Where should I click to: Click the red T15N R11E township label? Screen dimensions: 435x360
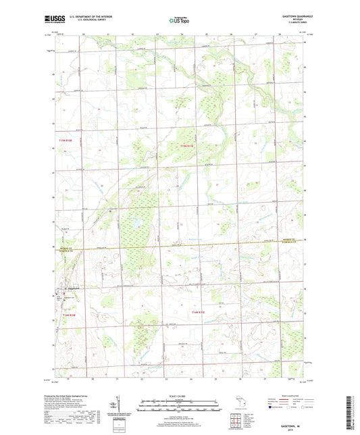click(187, 145)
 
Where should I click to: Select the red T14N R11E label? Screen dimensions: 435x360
click(201, 312)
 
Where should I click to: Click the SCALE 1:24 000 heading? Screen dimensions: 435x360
click(179, 395)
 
